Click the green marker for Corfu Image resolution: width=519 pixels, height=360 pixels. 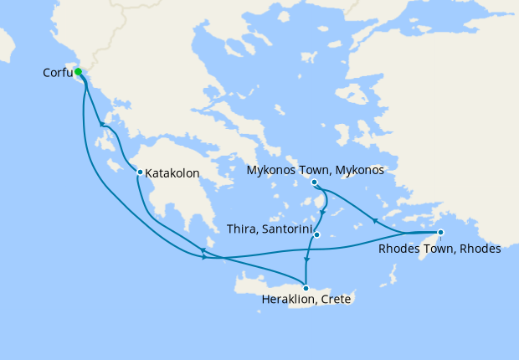pos(78,72)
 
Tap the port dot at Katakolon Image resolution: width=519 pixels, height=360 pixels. pos(140,172)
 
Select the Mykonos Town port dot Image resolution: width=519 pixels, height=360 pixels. pos(314,183)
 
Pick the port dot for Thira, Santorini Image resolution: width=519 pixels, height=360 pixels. pos(317,234)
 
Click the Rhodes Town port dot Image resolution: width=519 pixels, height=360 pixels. pos(441,233)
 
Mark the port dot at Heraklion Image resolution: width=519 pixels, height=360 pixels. pos(306,289)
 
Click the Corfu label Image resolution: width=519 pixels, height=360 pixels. pos(57,73)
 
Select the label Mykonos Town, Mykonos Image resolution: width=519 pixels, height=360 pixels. pos(316,170)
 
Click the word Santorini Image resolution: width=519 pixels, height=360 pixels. pos(287,229)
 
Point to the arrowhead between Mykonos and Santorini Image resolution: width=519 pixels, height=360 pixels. pos(323,204)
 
